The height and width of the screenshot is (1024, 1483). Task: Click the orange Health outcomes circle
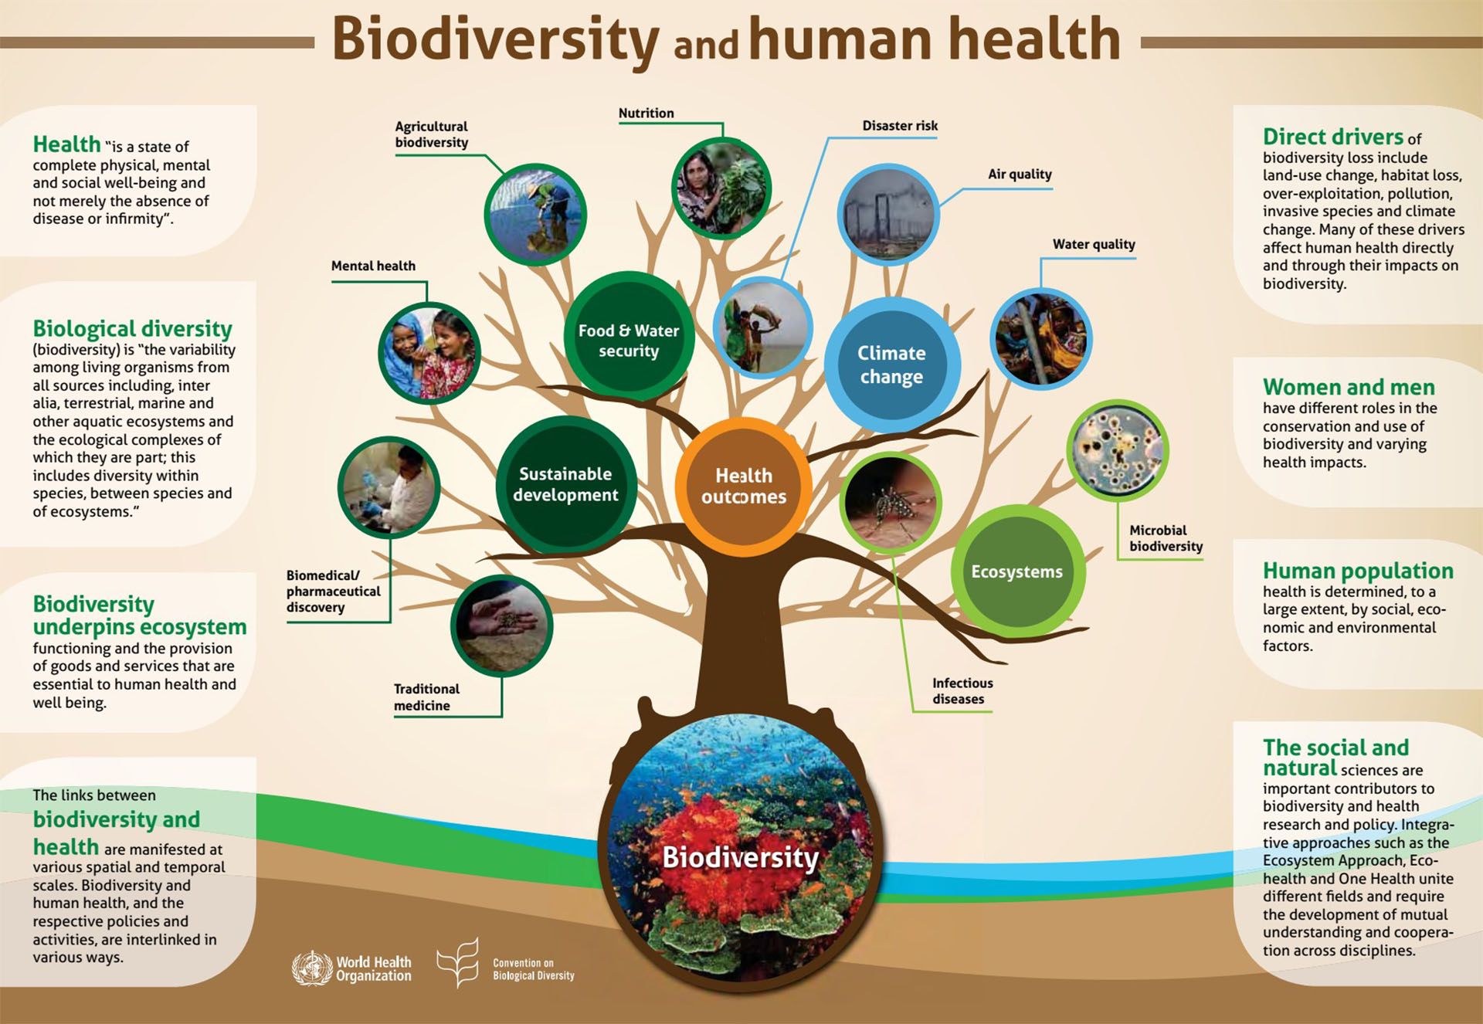point(743,487)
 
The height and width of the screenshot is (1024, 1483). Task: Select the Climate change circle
point(892,365)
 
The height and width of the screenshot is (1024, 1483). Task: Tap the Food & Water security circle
point(629,336)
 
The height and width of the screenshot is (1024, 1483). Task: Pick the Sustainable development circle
point(566,485)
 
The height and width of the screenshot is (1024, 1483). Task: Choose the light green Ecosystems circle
point(1017,571)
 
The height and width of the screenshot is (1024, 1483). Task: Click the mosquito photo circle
point(891,503)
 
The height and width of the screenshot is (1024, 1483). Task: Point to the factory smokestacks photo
point(888,215)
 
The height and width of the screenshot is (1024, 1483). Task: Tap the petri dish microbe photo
point(1117,450)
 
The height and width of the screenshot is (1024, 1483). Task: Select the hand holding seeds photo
point(502,626)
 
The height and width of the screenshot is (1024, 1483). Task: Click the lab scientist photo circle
point(389,487)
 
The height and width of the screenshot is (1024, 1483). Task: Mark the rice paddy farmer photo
point(535,215)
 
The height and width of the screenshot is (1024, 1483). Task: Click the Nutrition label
point(646,113)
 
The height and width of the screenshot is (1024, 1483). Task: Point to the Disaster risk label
point(900,125)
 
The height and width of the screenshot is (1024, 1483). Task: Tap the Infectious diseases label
point(962,690)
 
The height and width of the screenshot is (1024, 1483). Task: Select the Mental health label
point(373,266)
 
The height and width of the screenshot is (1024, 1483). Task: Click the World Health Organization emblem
point(311,968)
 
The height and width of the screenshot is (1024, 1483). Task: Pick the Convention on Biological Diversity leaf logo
point(458,963)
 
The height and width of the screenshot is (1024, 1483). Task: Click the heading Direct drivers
point(1333,137)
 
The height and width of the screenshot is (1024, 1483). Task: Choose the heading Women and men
point(1349,387)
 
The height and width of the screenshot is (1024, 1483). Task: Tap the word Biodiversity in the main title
point(495,40)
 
